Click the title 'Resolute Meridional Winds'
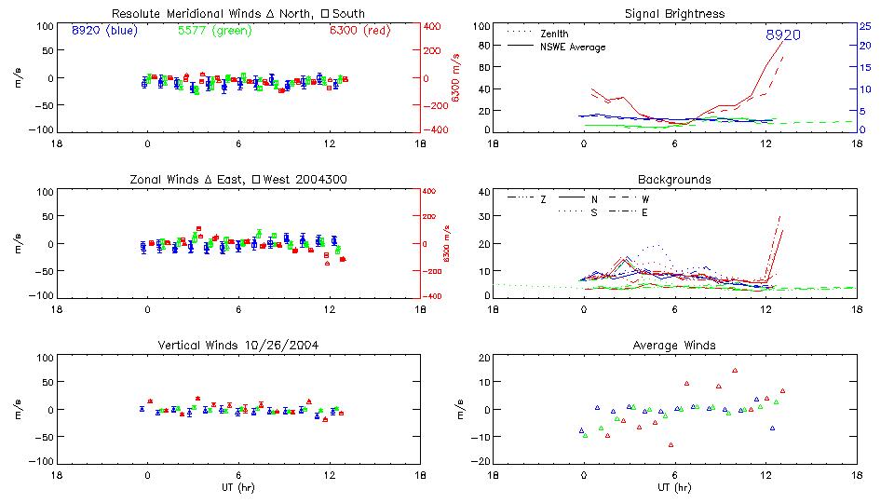pyautogui.click(x=178, y=14)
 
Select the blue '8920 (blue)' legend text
pyautogui.click(x=104, y=31)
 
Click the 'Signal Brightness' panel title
pyautogui.click(x=674, y=14)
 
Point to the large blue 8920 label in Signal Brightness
pyautogui.click(x=783, y=35)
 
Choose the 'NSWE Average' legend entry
pyautogui.click(x=573, y=47)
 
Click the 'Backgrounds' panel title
pyautogui.click(x=674, y=179)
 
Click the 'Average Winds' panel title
pyautogui.click(x=674, y=346)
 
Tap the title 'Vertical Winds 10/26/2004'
pyautogui.click(x=238, y=346)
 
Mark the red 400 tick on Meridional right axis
pyautogui.click(x=434, y=26)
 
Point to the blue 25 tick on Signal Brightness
pyautogui.click(x=864, y=26)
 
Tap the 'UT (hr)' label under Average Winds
pyautogui.click(x=675, y=487)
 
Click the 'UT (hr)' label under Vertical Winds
pyautogui.click(x=238, y=487)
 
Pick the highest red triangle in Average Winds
pyautogui.click(x=735, y=371)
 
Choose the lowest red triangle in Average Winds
pyautogui.click(x=670, y=444)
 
